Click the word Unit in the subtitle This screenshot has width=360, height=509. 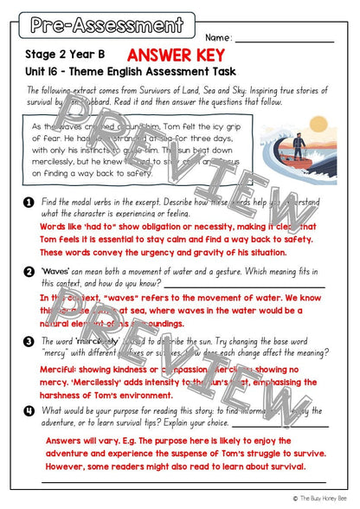click(x=36, y=70)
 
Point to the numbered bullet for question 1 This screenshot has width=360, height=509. click(x=29, y=201)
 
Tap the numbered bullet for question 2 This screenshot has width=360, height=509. click(x=29, y=272)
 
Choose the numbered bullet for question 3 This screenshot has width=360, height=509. click(x=29, y=341)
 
